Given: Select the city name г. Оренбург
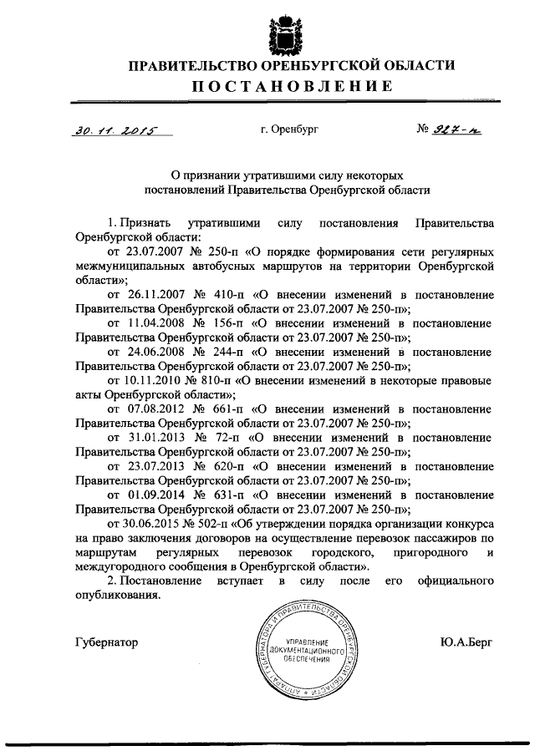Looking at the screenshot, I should click(x=288, y=129).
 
